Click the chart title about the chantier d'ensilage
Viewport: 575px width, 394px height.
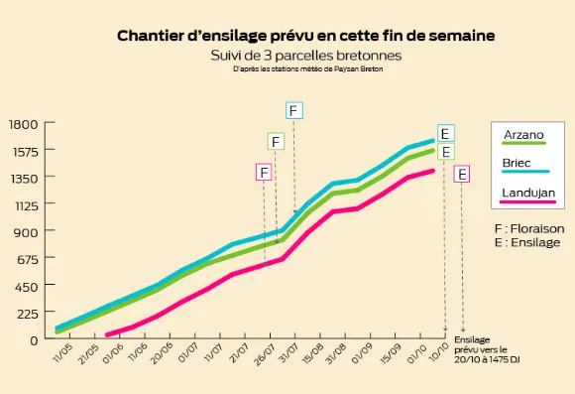[305, 36]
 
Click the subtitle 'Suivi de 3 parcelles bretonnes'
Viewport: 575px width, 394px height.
[305, 55]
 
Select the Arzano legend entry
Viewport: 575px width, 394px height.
[522, 135]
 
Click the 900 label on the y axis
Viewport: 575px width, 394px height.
[27, 232]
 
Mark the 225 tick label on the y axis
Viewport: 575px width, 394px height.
[27, 313]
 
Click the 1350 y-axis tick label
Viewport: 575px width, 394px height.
[24, 178]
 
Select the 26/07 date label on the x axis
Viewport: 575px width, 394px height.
[266, 355]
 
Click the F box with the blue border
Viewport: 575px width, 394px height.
[294, 109]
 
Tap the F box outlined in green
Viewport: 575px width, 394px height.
[275, 141]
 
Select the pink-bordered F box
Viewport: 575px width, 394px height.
[264, 172]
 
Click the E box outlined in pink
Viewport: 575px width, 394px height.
[463, 174]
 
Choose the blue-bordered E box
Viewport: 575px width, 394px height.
[446, 133]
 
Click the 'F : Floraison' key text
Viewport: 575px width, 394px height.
[528, 228]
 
